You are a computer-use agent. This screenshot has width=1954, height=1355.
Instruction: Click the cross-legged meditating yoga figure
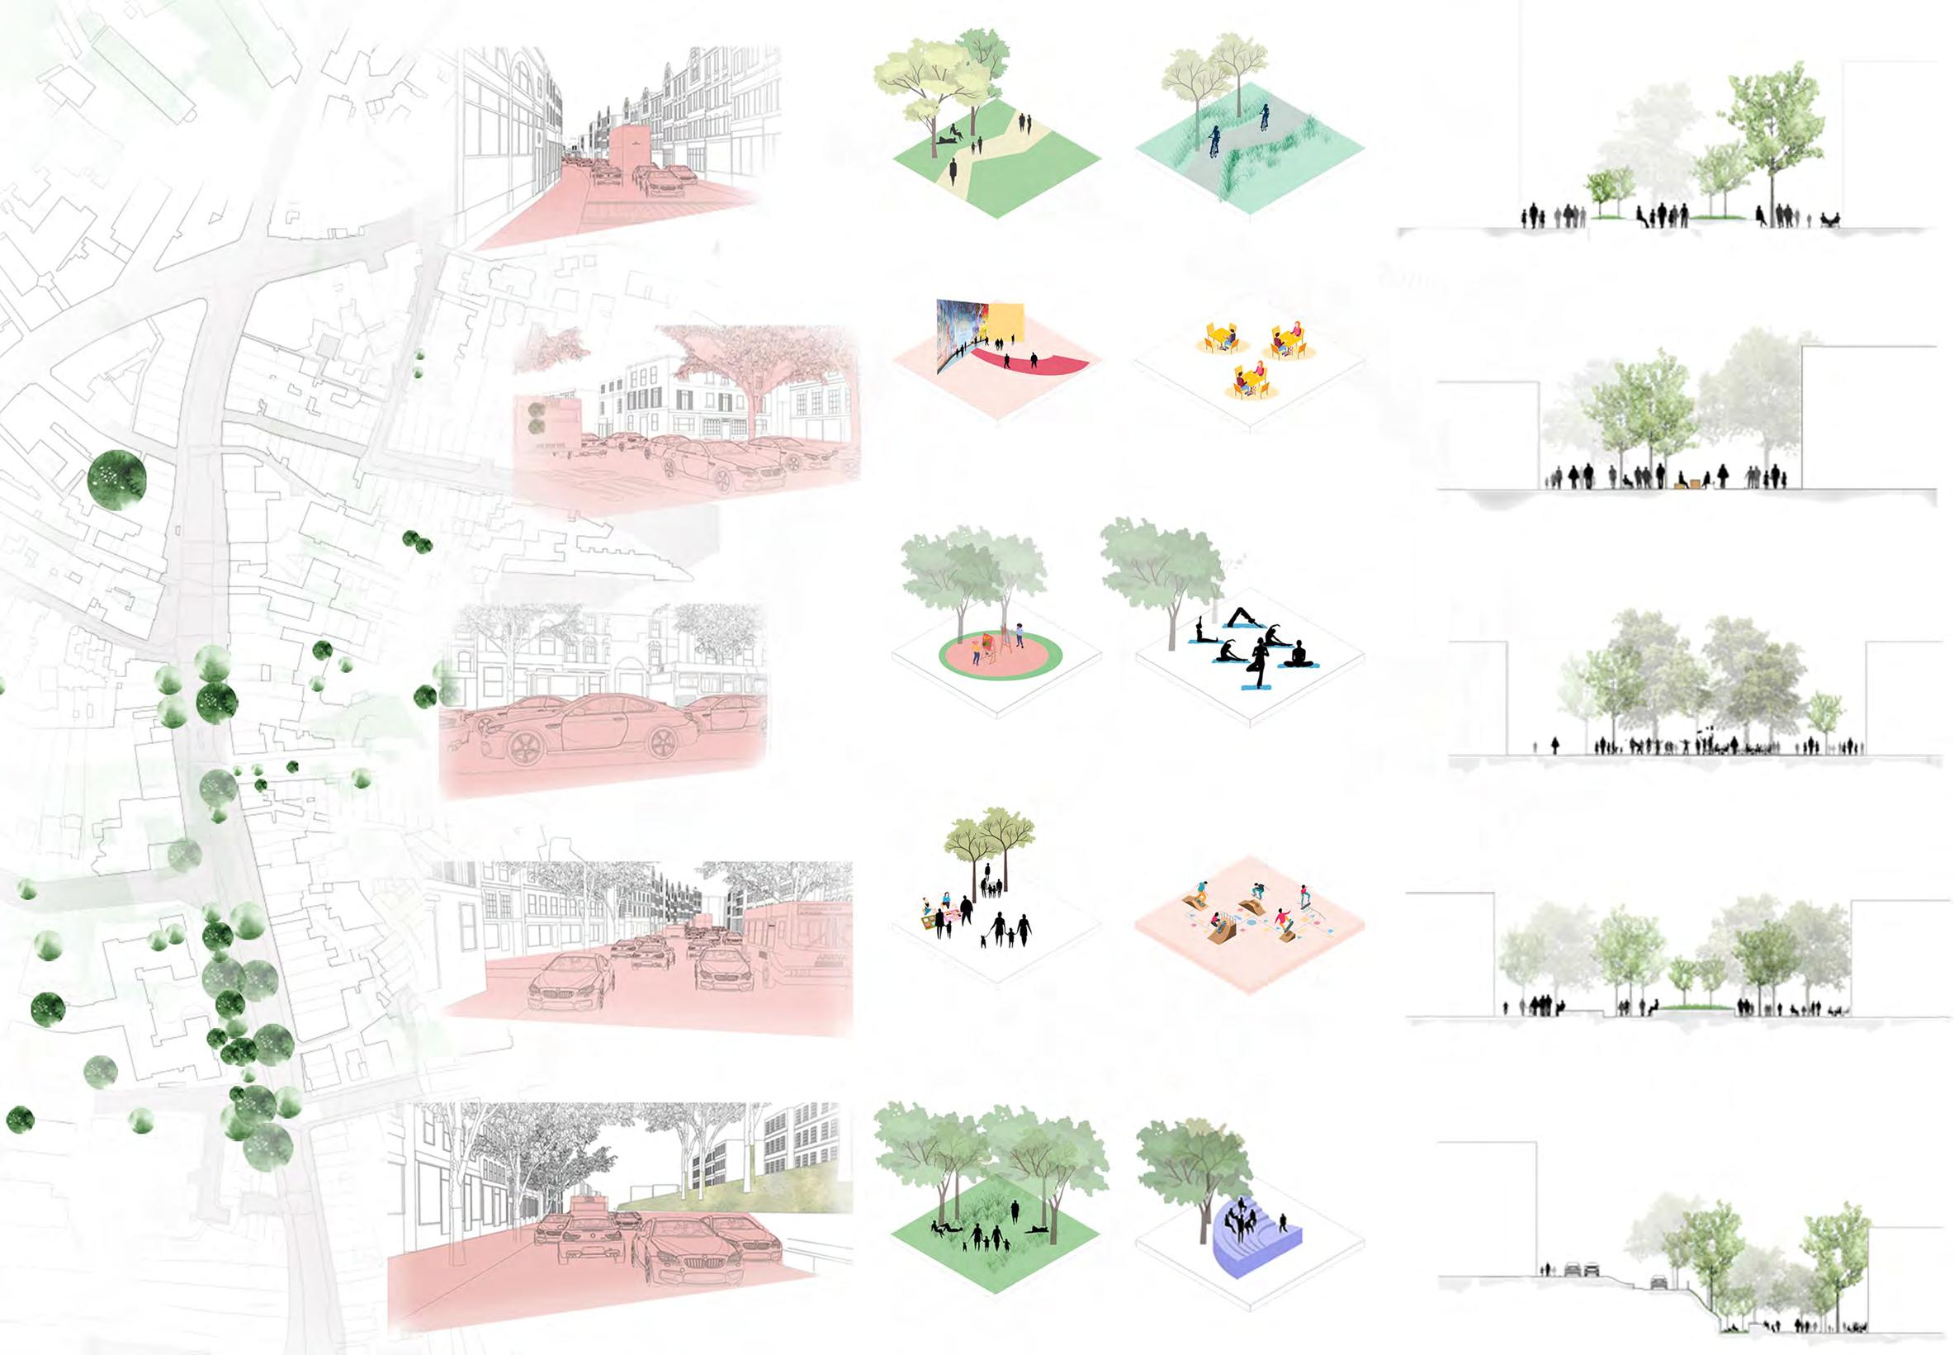(1297, 655)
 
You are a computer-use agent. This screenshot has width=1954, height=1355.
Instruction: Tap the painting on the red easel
(988, 642)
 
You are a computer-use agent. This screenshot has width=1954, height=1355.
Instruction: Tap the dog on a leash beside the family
(986, 940)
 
